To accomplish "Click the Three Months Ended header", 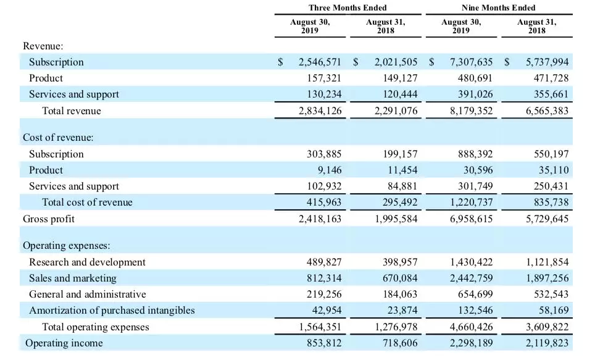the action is (347, 7).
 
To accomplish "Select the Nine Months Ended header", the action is (498, 7).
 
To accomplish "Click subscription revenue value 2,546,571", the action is (320, 62).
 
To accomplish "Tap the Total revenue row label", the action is (72, 111).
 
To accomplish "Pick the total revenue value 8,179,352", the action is (472, 111).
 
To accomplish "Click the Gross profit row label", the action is (49, 219).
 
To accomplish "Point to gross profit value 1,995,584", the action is (396, 219).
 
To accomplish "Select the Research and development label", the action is (87, 262).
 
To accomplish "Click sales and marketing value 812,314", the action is (324, 278).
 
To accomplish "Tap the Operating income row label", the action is (64, 343).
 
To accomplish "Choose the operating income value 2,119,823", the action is (547, 343).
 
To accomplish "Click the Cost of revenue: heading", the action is (58, 137).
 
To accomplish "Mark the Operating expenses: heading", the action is (67, 245).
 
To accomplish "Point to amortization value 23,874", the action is (402, 310).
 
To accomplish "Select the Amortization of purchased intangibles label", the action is (112, 310).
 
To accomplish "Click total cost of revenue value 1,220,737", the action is (472, 202).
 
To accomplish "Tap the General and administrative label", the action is (88, 295).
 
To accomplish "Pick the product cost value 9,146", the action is (330, 170).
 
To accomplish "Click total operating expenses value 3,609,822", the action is (547, 327).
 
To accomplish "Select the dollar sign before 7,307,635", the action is (431, 62).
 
